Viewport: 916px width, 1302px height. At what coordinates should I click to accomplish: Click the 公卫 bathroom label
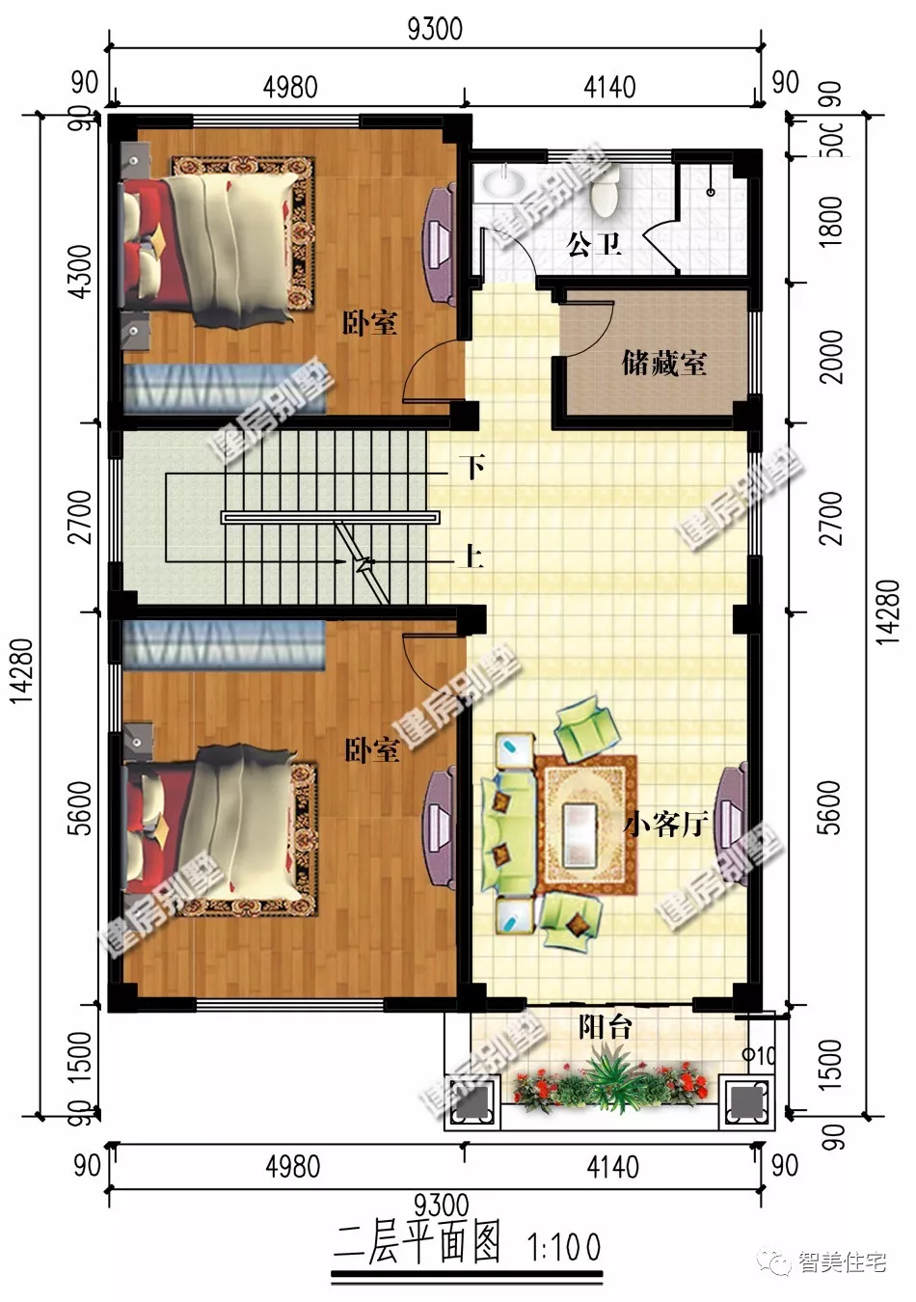click(593, 243)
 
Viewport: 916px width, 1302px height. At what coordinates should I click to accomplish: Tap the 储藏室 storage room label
click(663, 363)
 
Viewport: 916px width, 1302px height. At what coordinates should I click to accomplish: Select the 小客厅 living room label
click(665, 825)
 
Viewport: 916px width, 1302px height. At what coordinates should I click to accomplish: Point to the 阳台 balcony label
click(605, 1027)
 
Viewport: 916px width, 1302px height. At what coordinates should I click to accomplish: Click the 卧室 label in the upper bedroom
click(369, 322)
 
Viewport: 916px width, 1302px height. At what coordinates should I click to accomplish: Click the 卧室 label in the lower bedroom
click(372, 749)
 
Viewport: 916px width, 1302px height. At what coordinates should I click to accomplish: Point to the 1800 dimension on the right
click(830, 221)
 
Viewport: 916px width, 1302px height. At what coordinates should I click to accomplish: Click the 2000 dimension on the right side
click(830, 356)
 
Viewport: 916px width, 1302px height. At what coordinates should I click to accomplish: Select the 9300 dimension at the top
click(435, 28)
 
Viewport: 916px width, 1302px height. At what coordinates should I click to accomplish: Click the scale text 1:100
click(565, 1248)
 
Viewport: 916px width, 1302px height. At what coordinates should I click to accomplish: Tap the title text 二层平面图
click(418, 1244)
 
